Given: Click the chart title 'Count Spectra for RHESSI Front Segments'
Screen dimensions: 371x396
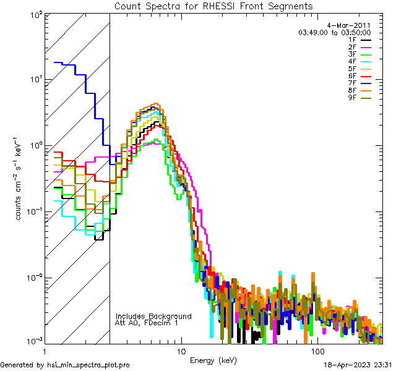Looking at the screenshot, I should pos(213,6).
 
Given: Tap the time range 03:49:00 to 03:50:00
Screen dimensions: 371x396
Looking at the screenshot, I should pos(334,32).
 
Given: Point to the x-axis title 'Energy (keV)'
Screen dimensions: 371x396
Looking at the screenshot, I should pos(214,360).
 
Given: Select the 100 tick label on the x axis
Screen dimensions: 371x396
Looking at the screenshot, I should pos(317,351).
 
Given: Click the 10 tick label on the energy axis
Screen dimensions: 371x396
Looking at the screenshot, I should pos(181,351).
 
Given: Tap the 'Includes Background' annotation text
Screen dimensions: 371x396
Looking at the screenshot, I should pos(153,316).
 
